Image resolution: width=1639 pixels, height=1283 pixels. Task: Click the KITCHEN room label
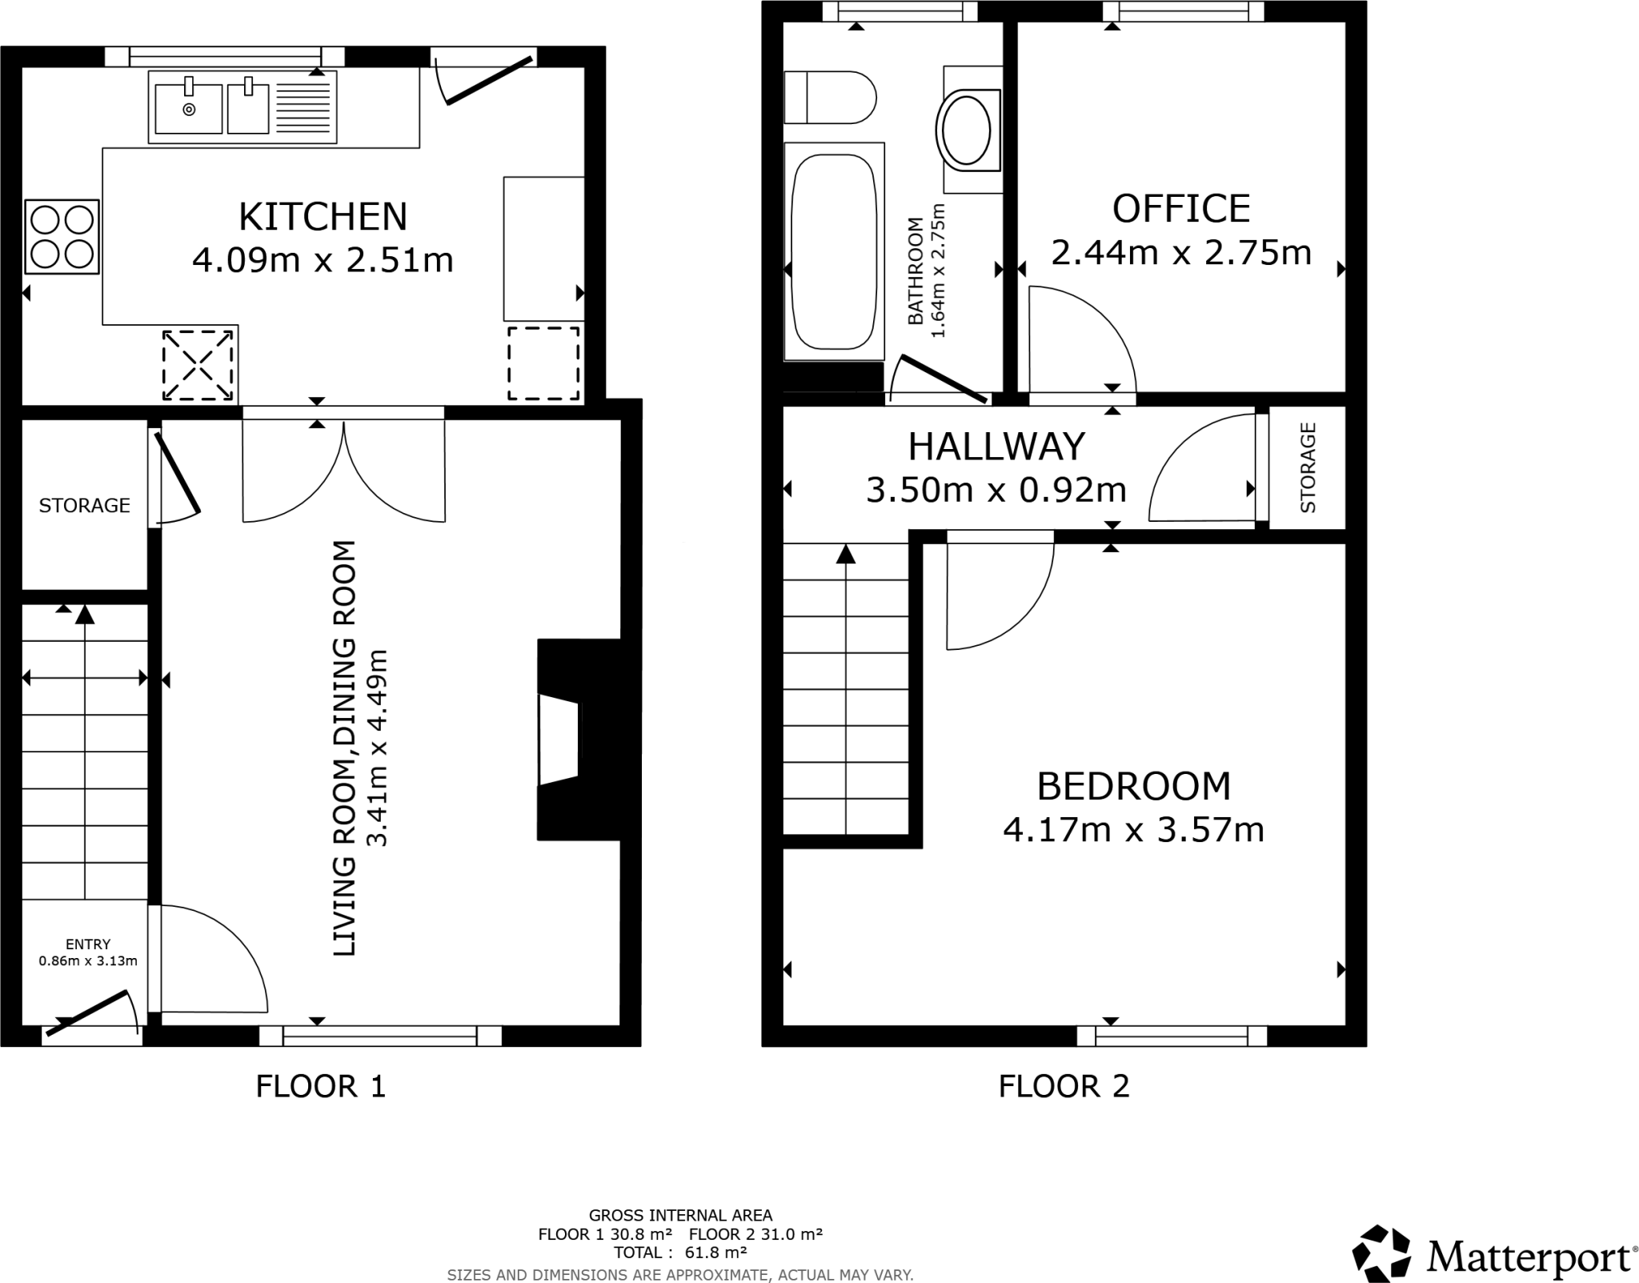pos(323,217)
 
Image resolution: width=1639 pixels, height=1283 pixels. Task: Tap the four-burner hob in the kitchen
pos(62,237)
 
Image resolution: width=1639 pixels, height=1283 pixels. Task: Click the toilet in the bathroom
pos(829,98)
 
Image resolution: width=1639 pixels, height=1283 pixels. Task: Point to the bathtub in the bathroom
pos(834,251)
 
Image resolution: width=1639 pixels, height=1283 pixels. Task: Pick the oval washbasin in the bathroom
pos(967,130)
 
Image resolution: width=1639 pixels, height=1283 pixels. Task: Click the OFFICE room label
pos(1180,209)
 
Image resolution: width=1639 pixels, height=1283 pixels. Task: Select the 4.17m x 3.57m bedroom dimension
pos(1133,830)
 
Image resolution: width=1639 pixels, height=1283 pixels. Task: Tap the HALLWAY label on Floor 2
pos(996,447)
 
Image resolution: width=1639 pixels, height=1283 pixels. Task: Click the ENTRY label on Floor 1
pos(88,944)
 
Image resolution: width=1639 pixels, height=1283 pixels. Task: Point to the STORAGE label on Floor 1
pos(84,505)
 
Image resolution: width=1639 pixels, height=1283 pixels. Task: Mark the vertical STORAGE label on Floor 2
pos(1308,468)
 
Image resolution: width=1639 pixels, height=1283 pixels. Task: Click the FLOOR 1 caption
pos(320,1086)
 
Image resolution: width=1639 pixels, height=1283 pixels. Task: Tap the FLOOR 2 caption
pos(1064,1086)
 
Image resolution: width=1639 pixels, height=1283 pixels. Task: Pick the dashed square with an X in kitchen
pos(198,365)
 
